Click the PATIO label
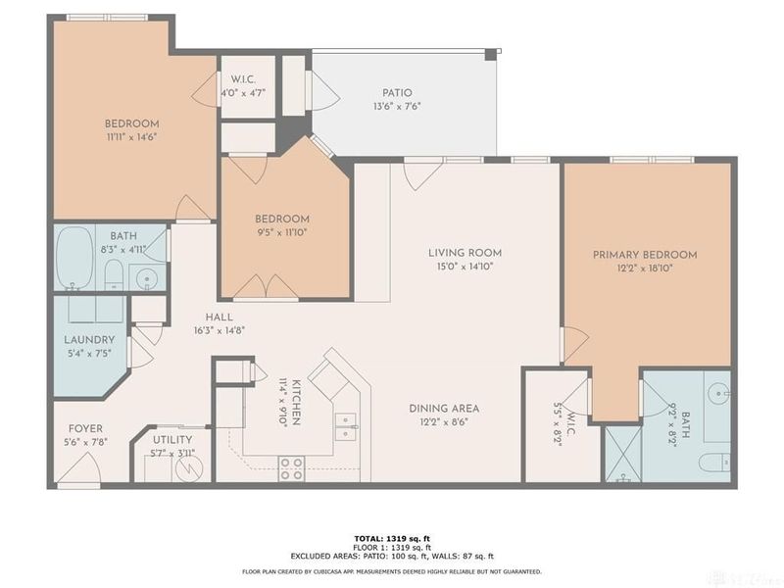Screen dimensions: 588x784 point(397,93)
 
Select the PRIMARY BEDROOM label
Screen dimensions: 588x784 point(645,255)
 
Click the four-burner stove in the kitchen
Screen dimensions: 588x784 point(291,467)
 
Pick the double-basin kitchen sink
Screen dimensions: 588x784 point(344,424)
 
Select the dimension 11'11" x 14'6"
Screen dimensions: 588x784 point(131,137)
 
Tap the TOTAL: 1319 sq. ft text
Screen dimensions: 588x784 point(392,538)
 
